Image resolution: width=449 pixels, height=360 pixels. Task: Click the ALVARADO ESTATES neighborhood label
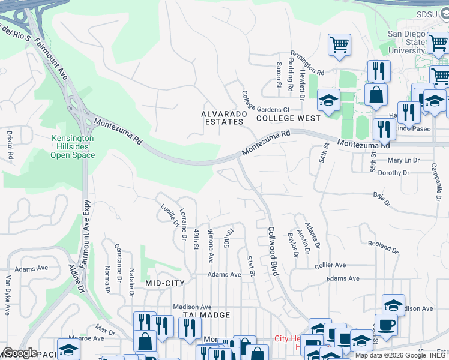tap(221, 118)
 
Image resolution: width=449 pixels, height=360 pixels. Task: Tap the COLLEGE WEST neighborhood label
tap(288, 119)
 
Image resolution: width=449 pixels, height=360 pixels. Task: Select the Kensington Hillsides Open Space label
tap(73, 146)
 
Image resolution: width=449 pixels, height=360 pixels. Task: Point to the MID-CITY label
tap(165, 282)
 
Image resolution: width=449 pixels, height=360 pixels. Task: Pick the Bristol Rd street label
tap(11, 145)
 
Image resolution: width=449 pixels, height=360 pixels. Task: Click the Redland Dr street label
tap(383, 247)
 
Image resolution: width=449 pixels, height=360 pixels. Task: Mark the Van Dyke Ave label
tap(8, 295)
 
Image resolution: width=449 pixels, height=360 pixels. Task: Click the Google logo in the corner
tap(20, 352)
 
